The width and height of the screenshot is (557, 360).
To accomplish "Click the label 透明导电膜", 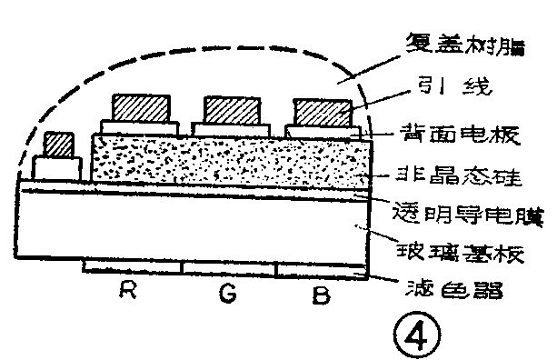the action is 464,217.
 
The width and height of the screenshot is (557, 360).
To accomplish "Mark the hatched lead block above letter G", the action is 232,109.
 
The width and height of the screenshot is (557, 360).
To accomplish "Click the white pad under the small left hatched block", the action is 57,168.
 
